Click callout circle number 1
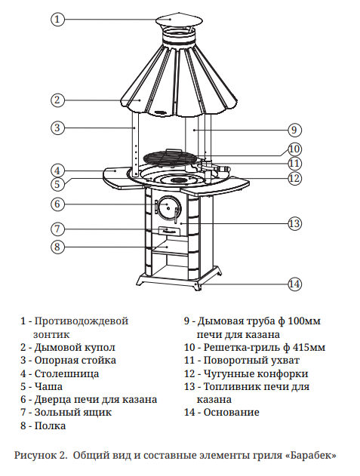(57, 20)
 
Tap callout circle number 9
(294, 130)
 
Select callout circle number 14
(294, 284)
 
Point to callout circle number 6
(57, 204)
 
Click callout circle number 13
(294, 224)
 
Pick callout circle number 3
(57, 127)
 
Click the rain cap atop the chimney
(179, 20)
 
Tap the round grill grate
(170, 158)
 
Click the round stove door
(168, 207)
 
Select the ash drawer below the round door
(168, 231)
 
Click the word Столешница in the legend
(66, 373)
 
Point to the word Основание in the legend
(231, 412)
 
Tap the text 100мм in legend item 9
(304, 321)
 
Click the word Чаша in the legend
(48, 387)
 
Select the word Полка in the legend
(50, 425)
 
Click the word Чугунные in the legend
(227, 374)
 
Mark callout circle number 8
(57, 247)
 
